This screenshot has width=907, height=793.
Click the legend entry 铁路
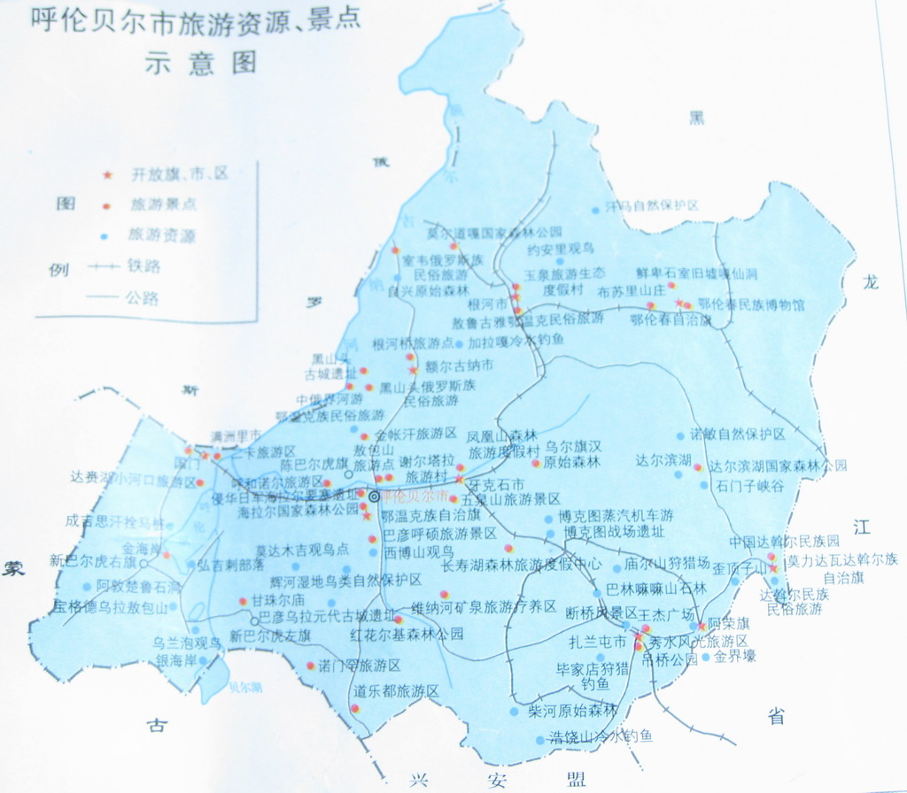(143, 266)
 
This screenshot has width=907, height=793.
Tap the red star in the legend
(108, 175)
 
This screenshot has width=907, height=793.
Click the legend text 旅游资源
(162, 235)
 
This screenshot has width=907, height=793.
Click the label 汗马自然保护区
(652, 206)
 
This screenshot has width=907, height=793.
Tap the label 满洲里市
(236, 435)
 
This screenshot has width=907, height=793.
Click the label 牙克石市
(497, 484)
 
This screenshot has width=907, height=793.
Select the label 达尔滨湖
(663, 460)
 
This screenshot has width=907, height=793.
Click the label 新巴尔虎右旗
(93, 560)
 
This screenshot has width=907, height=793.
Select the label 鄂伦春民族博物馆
(751, 304)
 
